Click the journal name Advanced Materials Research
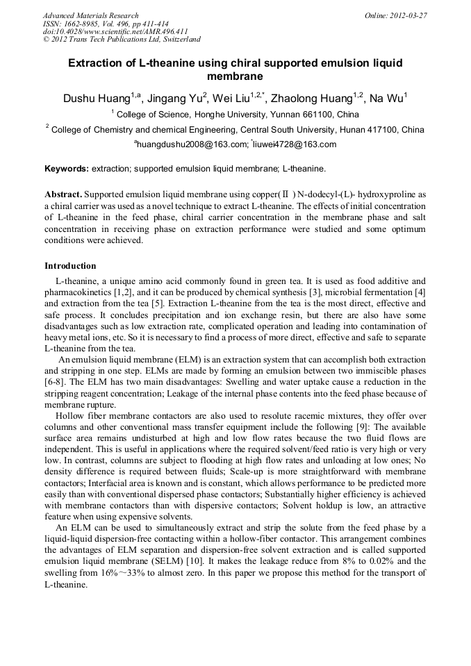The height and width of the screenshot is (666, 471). coord(90,15)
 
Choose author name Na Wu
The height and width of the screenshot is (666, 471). coord(386,99)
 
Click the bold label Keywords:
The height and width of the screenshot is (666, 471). coord(67,169)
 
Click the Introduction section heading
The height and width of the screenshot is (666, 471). coord(70,266)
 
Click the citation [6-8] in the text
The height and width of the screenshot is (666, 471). coord(56,382)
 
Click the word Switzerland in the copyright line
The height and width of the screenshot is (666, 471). coord(177,40)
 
